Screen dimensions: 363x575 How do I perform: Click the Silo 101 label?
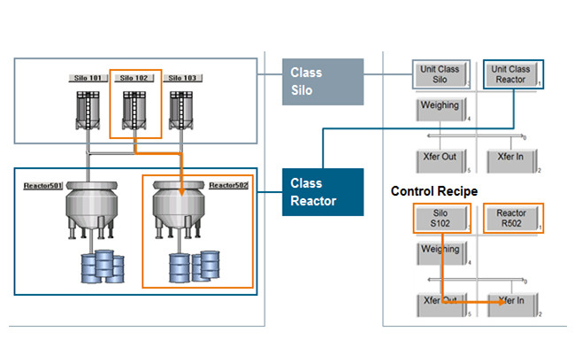[87, 78]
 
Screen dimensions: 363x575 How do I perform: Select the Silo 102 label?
[134, 78]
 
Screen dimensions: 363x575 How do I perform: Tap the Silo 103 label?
[182, 78]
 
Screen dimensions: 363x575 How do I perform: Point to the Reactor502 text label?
[228, 187]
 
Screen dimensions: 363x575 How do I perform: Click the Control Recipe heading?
[434, 190]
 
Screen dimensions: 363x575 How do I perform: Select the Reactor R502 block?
[513, 218]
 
